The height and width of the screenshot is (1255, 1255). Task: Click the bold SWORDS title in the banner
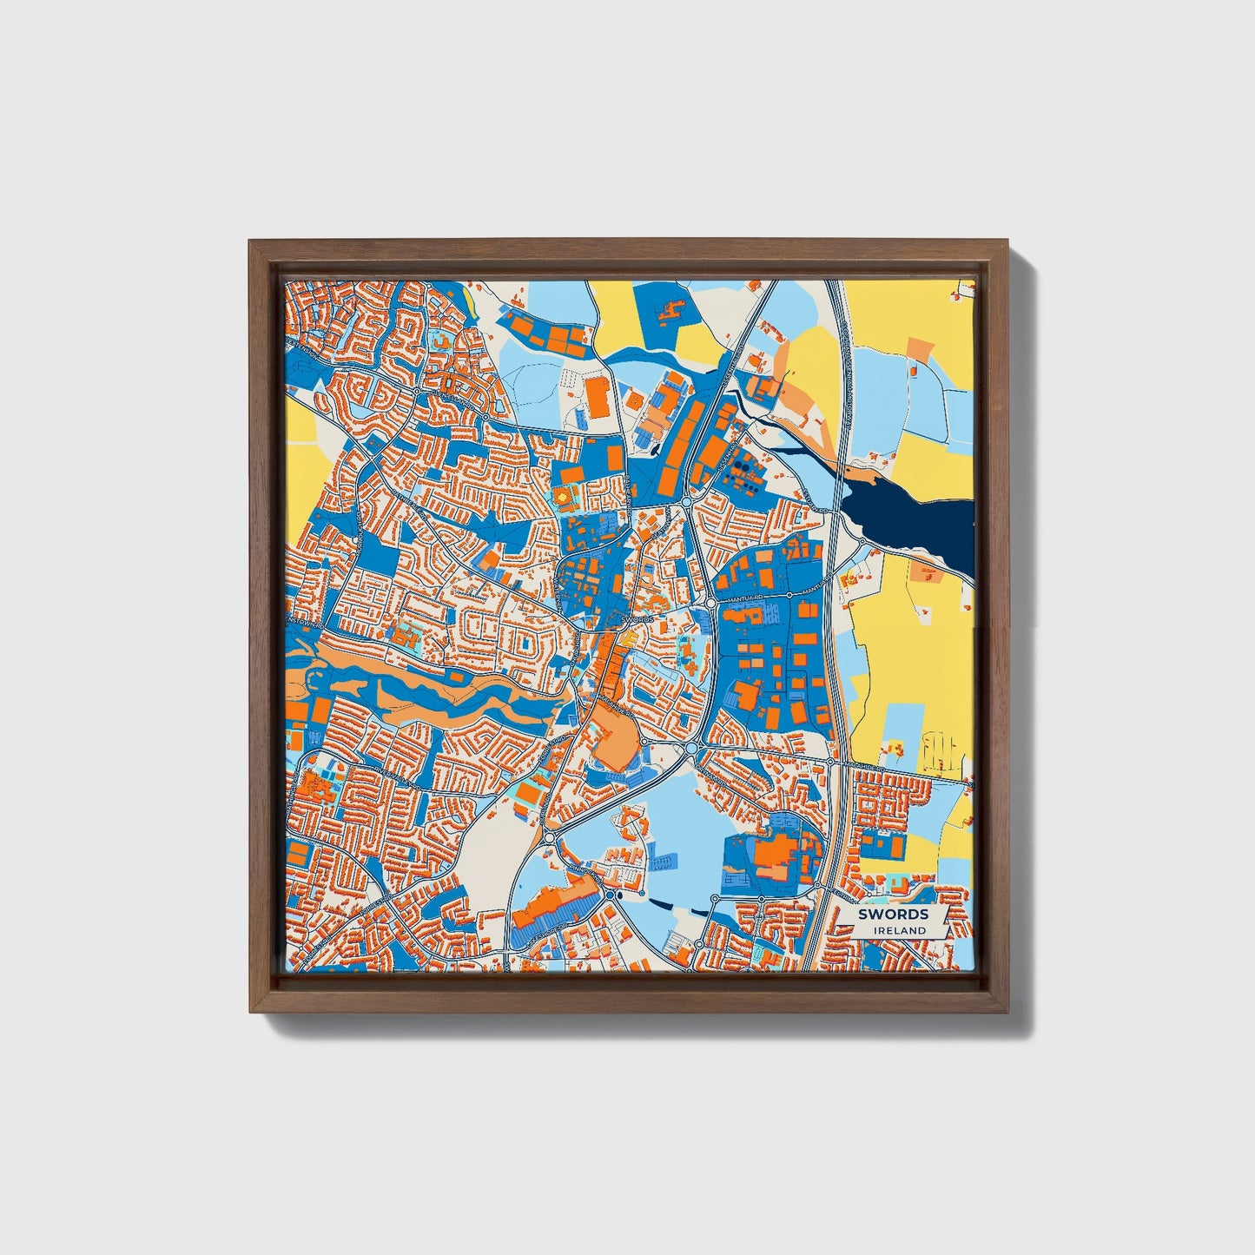click(x=893, y=914)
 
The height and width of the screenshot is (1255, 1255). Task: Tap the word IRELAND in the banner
click(x=900, y=930)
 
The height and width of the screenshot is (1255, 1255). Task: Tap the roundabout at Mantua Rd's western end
click(x=710, y=602)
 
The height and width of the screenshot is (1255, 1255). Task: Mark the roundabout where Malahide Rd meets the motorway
click(x=830, y=762)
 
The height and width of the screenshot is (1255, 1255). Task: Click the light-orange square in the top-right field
click(x=918, y=349)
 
